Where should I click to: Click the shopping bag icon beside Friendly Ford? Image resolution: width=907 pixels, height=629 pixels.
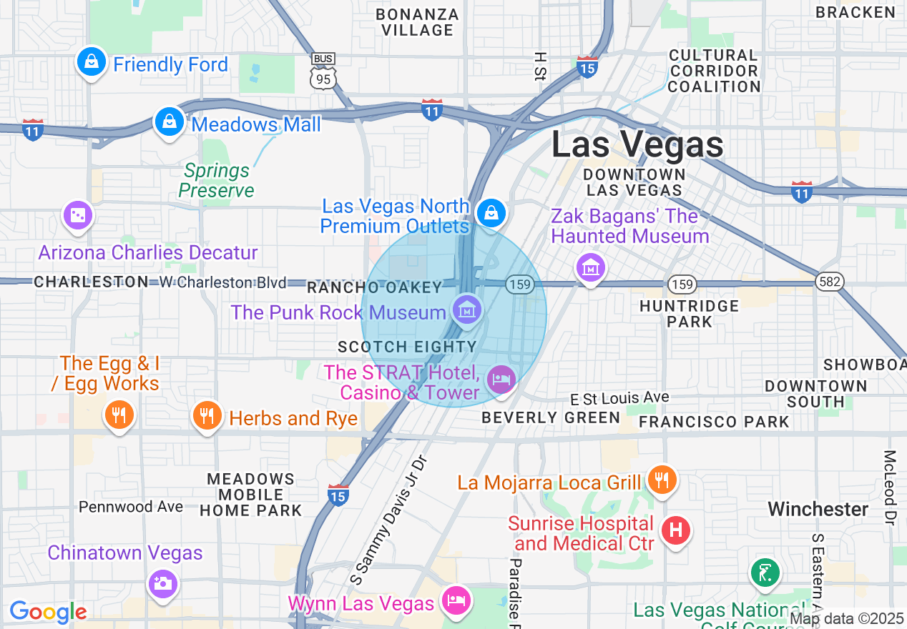tap(92, 62)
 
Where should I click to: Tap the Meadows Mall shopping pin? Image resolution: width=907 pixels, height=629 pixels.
tap(169, 122)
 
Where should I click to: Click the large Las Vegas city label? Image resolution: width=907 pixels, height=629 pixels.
tap(637, 144)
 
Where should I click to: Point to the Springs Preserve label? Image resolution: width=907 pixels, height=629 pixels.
tap(217, 180)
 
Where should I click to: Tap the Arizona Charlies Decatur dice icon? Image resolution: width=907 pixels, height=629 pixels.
tap(77, 215)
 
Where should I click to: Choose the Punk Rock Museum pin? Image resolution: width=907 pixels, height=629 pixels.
tap(467, 310)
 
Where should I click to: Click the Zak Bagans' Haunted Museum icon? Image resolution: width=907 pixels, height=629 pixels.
tap(590, 269)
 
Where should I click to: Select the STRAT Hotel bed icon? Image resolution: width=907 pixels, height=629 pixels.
tap(501, 380)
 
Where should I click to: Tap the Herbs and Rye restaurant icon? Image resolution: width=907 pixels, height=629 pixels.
tap(207, 415)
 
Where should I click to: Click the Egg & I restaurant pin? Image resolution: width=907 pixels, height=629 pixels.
tap(119, 415)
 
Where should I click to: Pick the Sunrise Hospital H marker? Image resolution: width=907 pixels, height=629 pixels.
tap(675, 530)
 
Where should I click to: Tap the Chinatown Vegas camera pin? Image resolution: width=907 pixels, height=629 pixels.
tap(162, 583)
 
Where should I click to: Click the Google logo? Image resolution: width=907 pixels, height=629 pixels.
tap(48, 612)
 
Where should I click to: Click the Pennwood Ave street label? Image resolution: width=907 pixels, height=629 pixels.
tap(131, 507)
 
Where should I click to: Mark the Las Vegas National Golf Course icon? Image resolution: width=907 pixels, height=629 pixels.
tap(764, 573)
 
